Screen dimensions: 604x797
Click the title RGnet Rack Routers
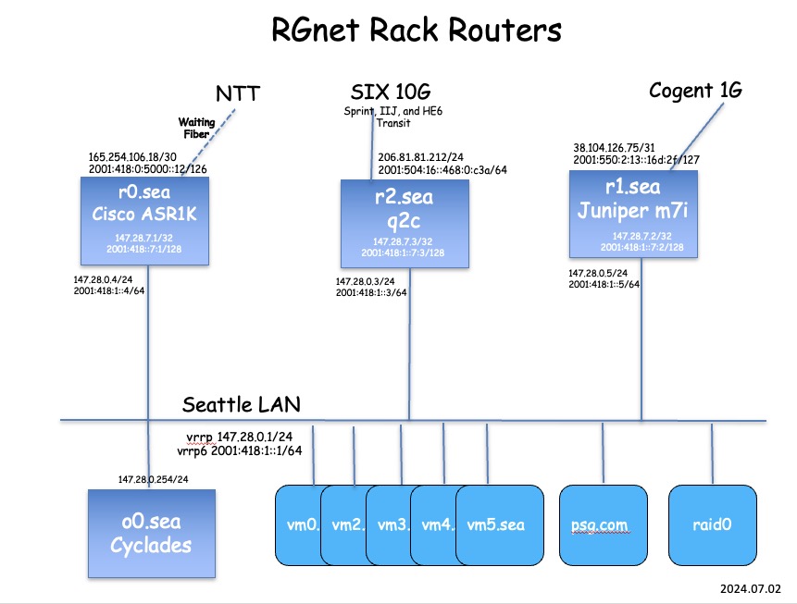coord(416,31)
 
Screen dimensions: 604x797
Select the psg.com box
coord(603,524)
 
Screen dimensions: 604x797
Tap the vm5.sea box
coord(499,524)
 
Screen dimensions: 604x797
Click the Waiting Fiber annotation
coord(197,128)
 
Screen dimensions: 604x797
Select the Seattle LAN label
coord(241,404)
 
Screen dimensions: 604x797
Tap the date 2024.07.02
coord(752,587)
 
